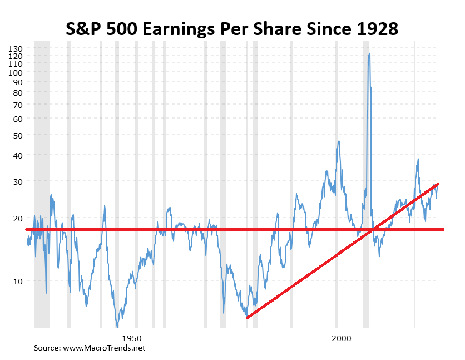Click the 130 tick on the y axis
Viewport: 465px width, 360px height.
coord(15,48)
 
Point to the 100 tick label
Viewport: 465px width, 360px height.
coord(15,72)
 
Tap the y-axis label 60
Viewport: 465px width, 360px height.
coord(17,119)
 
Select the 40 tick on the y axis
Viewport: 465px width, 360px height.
coord(17,155)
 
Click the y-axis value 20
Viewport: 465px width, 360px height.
coord(17,218)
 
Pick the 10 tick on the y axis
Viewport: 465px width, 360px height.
coord(17,280)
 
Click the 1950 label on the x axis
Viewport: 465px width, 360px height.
coord(131,338)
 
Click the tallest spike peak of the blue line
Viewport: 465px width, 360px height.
coord(369,54)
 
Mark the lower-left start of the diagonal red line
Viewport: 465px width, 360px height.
coord(247,317)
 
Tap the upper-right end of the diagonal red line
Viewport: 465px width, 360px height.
coord(438,184)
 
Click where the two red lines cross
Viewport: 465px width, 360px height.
coord(373,229)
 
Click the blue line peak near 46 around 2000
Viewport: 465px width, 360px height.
coord(338,142)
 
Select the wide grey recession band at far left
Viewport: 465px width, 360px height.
coord(42,184)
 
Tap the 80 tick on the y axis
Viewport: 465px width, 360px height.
coord(17,92)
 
